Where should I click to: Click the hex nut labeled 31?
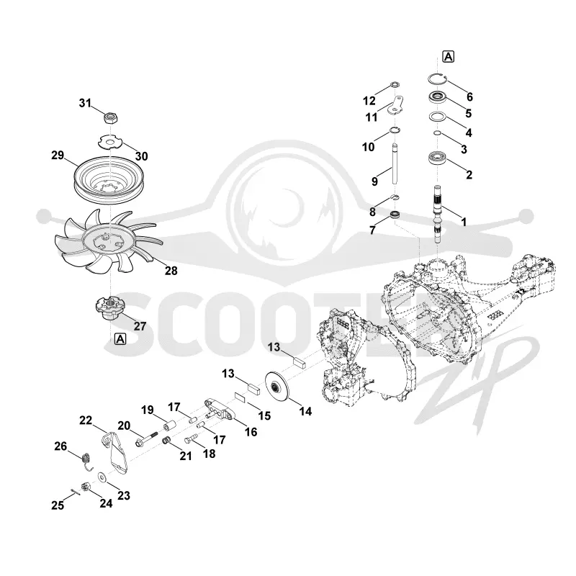tap(111, 118)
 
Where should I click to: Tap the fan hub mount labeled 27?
tap(110, 308)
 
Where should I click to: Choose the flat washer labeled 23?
tap(102, 477)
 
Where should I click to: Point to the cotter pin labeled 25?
tap(75, 492)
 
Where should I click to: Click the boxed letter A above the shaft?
tap(448, 57)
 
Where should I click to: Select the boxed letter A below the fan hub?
tap(120, 339)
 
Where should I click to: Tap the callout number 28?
tap(171, 271)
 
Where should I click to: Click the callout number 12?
tap(369, 101)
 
